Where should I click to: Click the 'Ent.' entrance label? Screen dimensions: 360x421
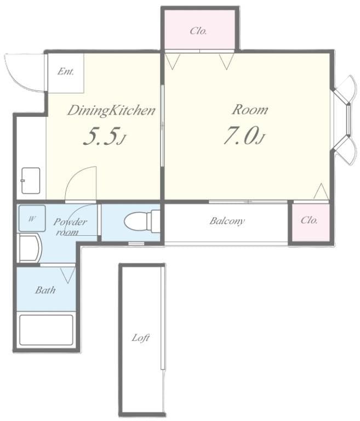click(66, 71)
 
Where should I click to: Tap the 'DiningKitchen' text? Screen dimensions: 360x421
click(111, 111)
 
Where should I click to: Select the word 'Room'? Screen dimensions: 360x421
click(250, 110)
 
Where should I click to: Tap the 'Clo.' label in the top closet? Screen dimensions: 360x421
click(198, 31)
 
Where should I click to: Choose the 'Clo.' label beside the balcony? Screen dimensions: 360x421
click(309, 220)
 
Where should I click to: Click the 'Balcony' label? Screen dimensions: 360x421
click(227, 221)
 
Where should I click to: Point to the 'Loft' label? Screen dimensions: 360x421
click(141, 338)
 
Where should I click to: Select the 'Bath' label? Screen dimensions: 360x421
click(45, 290)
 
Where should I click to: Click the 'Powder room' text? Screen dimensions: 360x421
click(70, 227)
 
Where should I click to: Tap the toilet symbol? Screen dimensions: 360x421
click(142, 221)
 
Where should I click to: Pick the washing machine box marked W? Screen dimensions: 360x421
click(32, 218)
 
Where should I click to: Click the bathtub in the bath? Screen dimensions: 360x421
click(46, 330)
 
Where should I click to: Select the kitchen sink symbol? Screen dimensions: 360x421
click(31, 181)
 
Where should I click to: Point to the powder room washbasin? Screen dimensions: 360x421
click(30, 248)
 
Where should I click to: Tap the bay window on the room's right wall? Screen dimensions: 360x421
click(346, 120)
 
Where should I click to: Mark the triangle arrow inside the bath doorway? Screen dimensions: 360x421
click(67, 275)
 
